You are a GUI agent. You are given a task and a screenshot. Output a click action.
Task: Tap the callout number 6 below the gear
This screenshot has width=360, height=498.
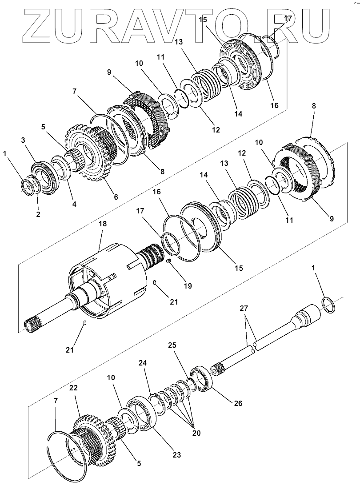tap(116, 197)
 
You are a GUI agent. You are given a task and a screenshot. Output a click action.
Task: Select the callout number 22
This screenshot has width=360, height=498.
tap(74, 389)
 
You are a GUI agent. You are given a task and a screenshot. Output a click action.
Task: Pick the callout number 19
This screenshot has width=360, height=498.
tap(188, 286)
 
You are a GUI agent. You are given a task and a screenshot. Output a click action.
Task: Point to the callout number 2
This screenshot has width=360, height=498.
tap(38, 214)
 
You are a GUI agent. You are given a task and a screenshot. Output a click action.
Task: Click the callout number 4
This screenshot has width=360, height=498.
tap(74, 205)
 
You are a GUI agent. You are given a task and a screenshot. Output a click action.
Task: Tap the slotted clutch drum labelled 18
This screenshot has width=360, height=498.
tap(107, 285)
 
